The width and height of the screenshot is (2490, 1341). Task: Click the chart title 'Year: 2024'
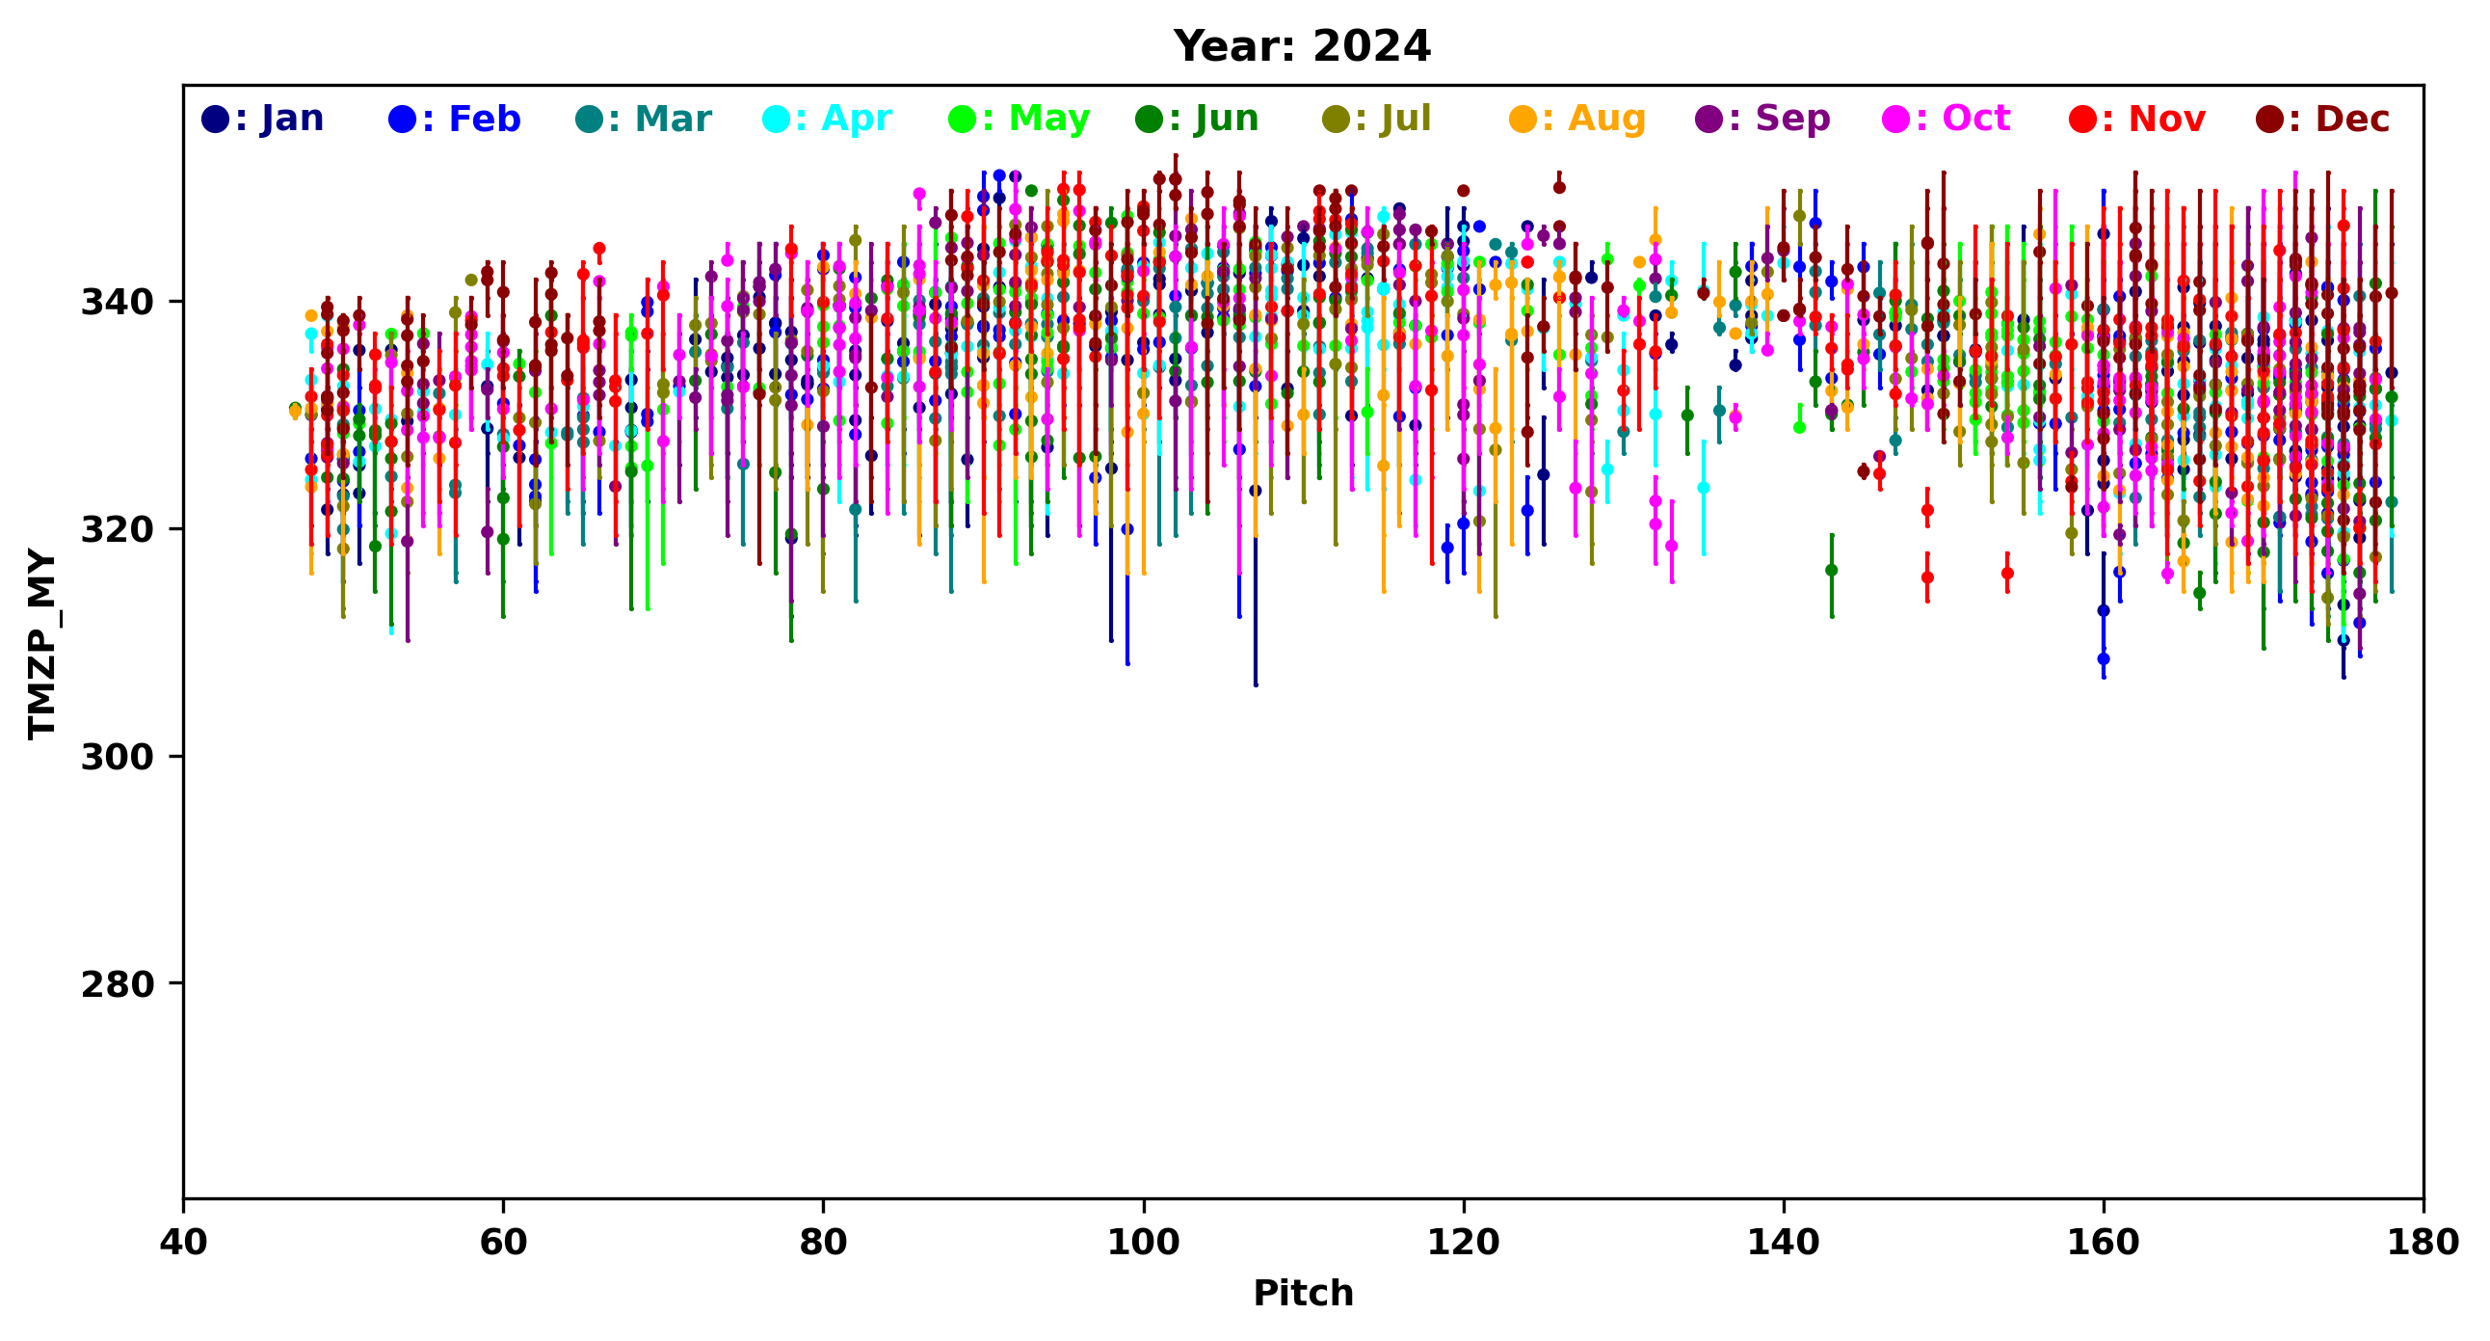coord(1302,46)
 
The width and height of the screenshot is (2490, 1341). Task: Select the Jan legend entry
coord(262,119)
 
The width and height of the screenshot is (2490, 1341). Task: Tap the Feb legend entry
coord(454,119)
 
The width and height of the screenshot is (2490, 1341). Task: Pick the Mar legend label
coord(643,119)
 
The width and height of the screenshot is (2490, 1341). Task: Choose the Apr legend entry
coord(827,119)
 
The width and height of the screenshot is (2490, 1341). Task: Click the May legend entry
coord(1019,119)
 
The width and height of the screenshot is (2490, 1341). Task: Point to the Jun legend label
coord(1197,119)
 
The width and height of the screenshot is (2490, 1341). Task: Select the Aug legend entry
coord(1576,119)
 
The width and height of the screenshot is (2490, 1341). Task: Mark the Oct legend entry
coord(1946,119)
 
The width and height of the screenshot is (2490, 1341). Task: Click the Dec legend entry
coord(2322,119)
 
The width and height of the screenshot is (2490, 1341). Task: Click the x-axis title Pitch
coord(1303,1294)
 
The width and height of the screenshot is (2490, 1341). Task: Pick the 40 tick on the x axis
coord(184,1243)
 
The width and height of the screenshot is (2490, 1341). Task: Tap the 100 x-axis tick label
coord(1144,1243)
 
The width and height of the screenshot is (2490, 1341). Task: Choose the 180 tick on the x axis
coord(2424,1243)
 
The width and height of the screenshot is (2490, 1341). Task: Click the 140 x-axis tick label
coord(1784,1243)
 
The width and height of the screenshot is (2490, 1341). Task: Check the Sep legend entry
coord(1763,119)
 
